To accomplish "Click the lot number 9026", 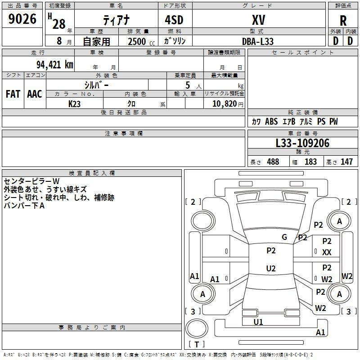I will coord(22,20).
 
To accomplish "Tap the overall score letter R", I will coord(343,21).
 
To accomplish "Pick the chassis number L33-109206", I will coord(302,144).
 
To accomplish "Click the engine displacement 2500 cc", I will coord(140,41).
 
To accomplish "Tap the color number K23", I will coord(74,103).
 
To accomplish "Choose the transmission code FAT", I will coord(13,94).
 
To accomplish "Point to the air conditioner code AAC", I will coord(35,94).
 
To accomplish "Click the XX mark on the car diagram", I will coord(327,252).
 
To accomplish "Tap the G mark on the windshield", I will coord(284,237).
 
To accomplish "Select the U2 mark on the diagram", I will coord(271,268).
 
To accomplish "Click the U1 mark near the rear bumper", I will coord(258,322).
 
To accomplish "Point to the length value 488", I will coord(273,162).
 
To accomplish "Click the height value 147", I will coord(346,162).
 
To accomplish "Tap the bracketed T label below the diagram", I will coord(197,345).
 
